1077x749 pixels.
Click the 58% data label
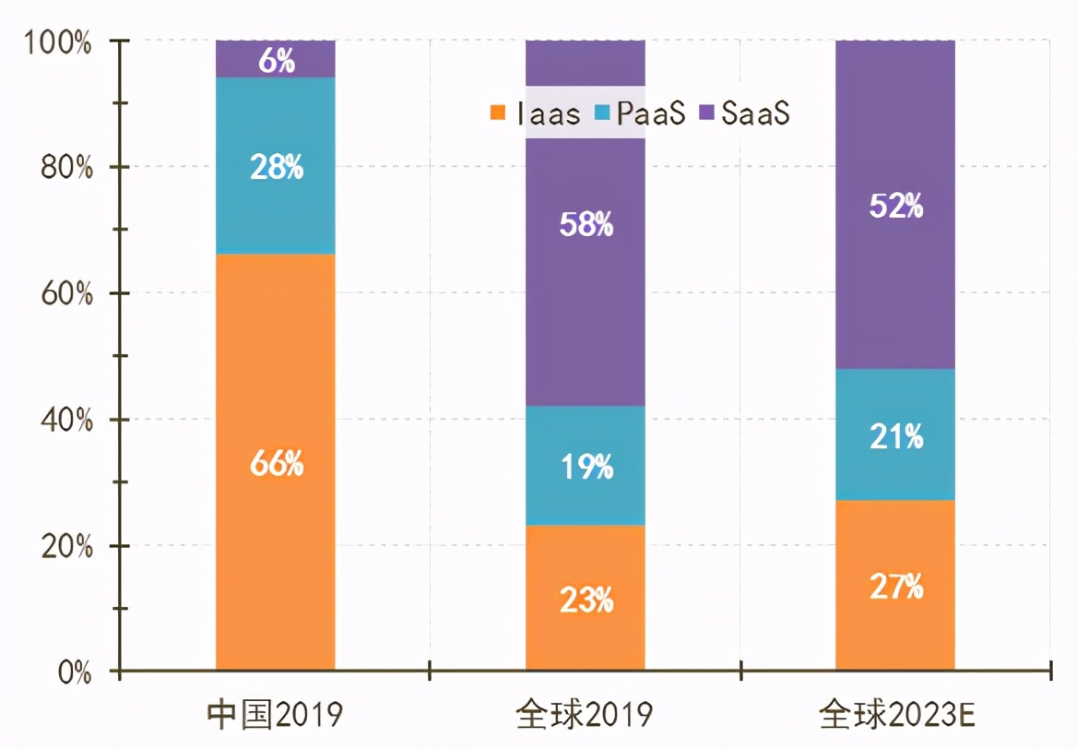click(586, 225)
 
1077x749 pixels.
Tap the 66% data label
click(276, 464)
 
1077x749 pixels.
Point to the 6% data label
click(276, 62)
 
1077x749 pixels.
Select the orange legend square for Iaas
click(498, 113)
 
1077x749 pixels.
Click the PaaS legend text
click(650, 113)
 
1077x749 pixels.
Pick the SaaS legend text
click(755, 113)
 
